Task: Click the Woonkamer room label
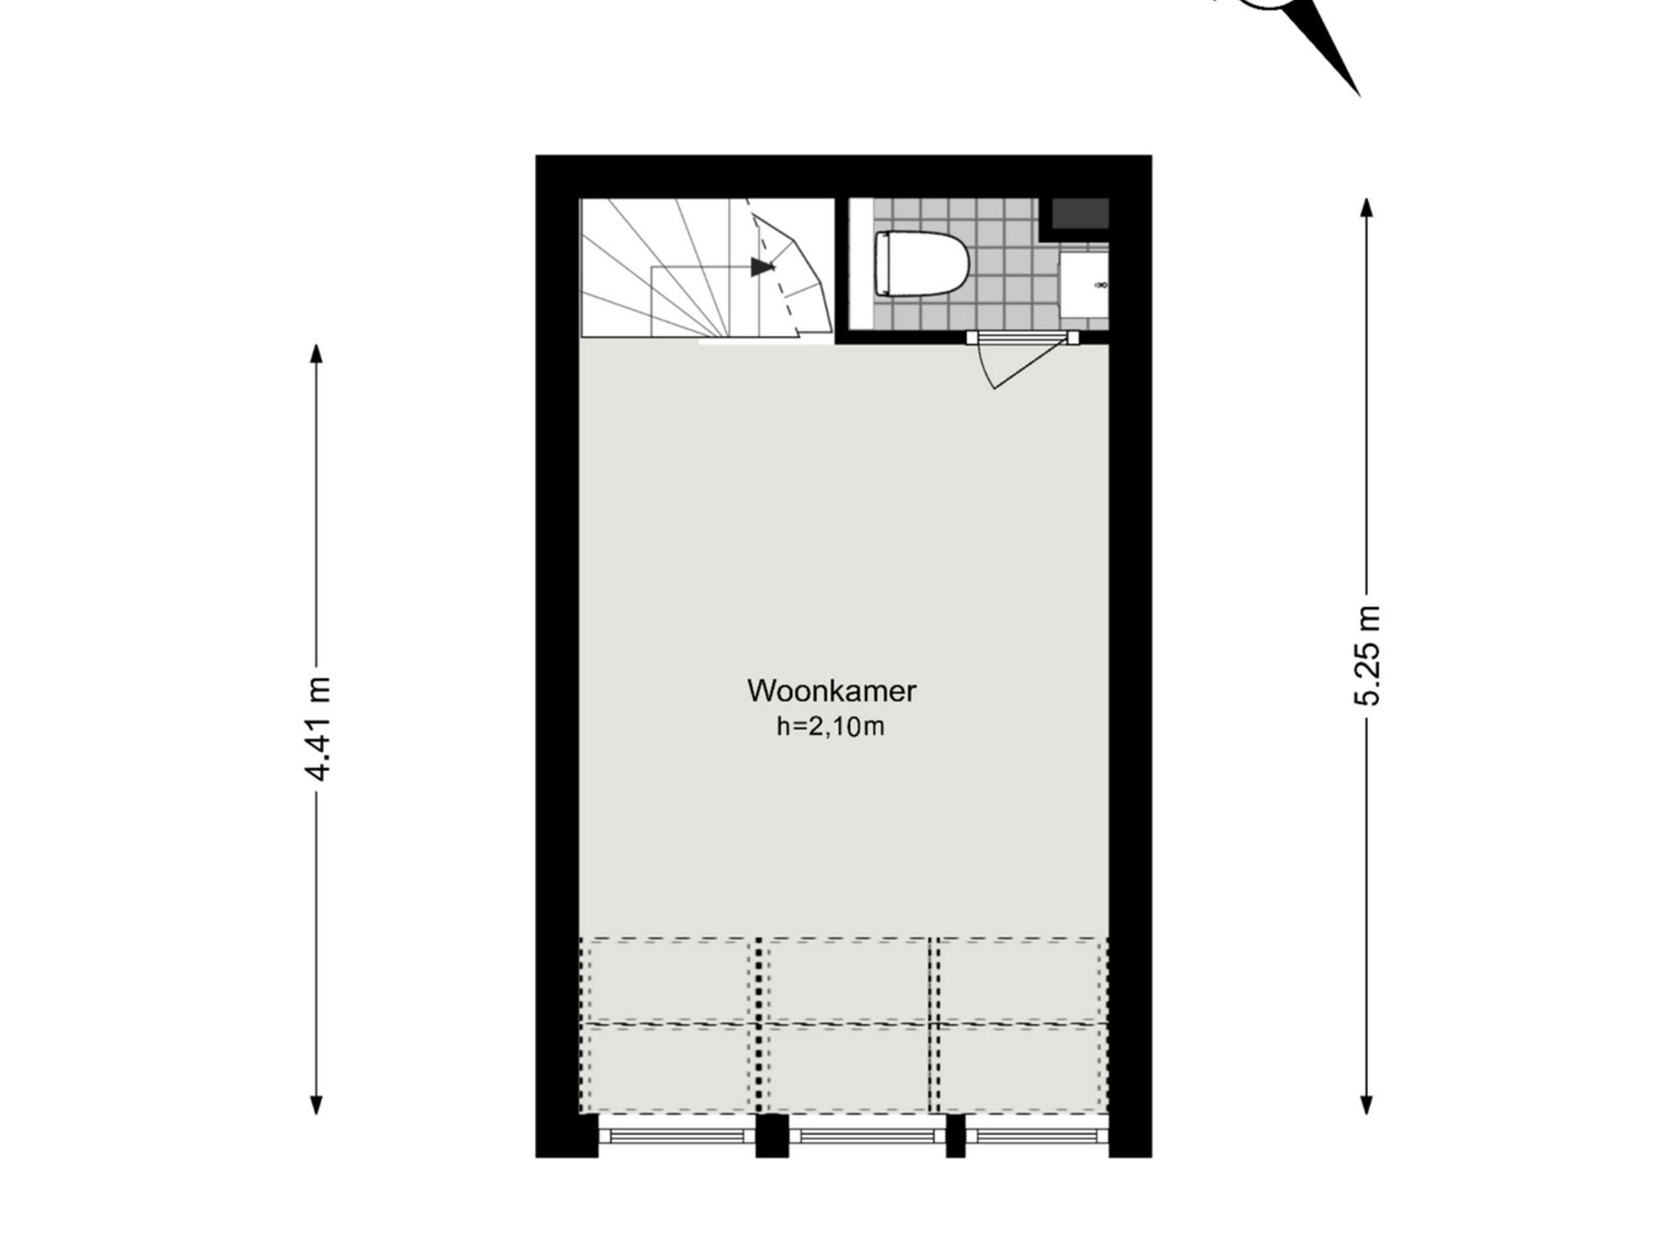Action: (x=831, y=691)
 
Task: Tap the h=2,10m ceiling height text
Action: (x=830, y=726)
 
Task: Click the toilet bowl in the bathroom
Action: (x=922, y=264)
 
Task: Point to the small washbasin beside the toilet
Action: (x=1084, y=285)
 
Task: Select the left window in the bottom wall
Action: (x=676, y=1137)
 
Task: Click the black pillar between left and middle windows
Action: (x=772, y=1137)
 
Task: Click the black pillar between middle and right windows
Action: (x=955, y=1137)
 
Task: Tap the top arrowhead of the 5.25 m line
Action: (x=1367, y=207)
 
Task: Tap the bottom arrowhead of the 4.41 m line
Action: (x=316, y=1104)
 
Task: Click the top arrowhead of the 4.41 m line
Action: (x=316, y=354)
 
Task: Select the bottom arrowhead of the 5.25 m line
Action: (x=1367, y=1104)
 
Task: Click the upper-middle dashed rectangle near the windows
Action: (x=848, y=980)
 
